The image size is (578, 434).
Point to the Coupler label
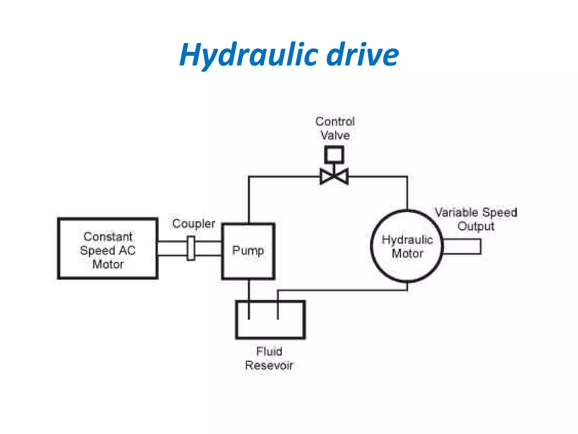pos(194,224)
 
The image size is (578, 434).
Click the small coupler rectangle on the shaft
pos(191,248)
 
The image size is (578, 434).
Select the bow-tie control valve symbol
pos(334,177)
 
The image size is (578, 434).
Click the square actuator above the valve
pos(334,155)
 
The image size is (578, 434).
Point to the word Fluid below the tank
pos(269,351)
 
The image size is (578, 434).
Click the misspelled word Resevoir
pos(269,365)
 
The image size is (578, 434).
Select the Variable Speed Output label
pos(476,219)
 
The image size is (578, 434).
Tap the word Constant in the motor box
pos(108,237)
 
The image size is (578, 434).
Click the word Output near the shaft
pos(476,226)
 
